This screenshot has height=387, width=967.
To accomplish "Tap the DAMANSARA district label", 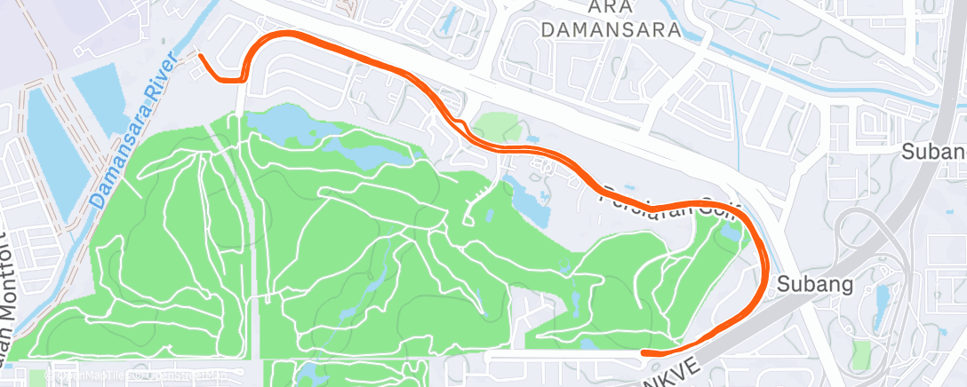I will (611, 29).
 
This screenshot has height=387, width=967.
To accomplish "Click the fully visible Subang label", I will (814, 285).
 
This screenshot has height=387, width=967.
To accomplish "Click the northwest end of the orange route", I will (200, 56).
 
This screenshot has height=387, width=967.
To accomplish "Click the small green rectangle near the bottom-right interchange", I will (860, 354).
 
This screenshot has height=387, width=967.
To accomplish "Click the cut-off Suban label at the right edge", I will (933, 151).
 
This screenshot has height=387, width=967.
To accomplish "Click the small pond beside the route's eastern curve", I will (731, 233).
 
